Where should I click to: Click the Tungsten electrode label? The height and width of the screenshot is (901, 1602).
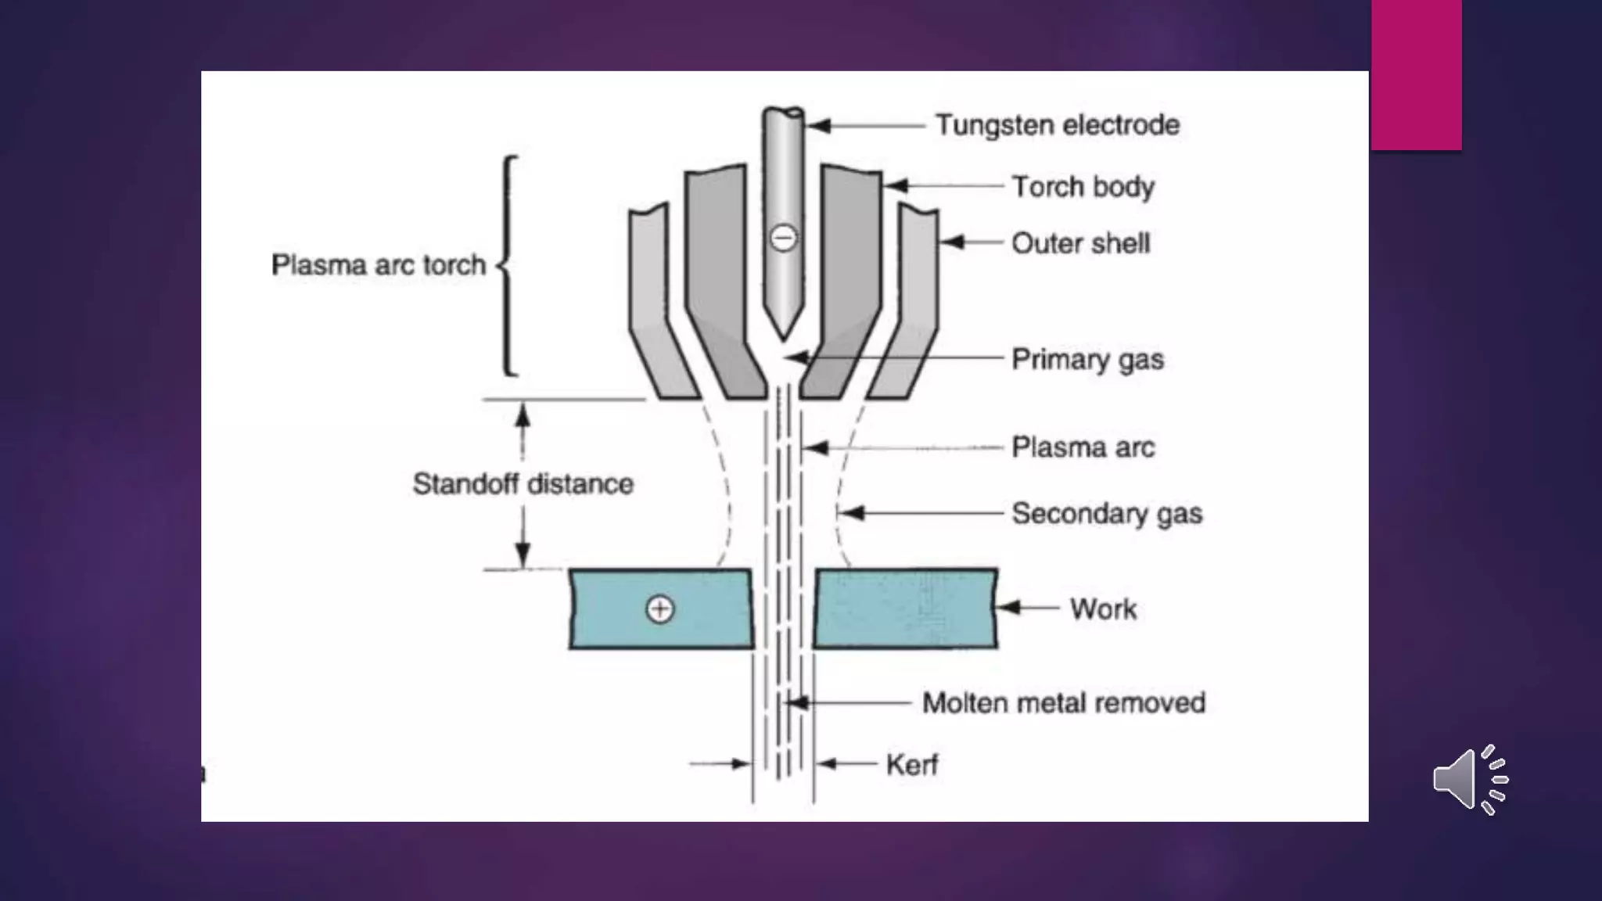(x=1057, y=125)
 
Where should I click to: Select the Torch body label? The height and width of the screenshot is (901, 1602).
(x=1083, y=187)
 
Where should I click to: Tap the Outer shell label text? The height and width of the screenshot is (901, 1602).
(x=1080, y=243)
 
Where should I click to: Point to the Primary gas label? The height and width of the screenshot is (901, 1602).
(x=1087, y=359)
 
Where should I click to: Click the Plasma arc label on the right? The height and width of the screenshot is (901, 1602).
(x=1083, y=447)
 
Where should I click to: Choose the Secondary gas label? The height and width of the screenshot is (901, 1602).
(x=1106, y=514)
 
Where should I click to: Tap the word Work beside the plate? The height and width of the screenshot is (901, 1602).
(x=1103, y=608)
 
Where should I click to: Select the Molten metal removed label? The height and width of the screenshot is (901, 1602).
(x=1063, y=702)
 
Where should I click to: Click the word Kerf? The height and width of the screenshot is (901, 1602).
(x=911, y=764)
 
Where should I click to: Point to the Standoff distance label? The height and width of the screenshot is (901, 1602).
(x=523, y=484)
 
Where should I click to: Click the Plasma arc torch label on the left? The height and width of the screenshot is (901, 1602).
(x=379, y=265)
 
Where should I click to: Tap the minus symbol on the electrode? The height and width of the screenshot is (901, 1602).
(x=783, y=238)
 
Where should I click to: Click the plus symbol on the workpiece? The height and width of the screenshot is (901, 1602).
(x=659, y=609)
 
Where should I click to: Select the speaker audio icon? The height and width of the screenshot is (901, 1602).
(x=1469, y=780)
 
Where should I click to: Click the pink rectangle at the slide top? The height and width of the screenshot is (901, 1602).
(x=1416, y=74)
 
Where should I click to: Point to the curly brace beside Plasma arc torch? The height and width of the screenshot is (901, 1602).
(x=508, y=266)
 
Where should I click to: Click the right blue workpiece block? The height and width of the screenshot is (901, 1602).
(x=905, y=608)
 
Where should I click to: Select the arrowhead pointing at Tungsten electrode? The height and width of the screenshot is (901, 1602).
(x=817, y=125)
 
